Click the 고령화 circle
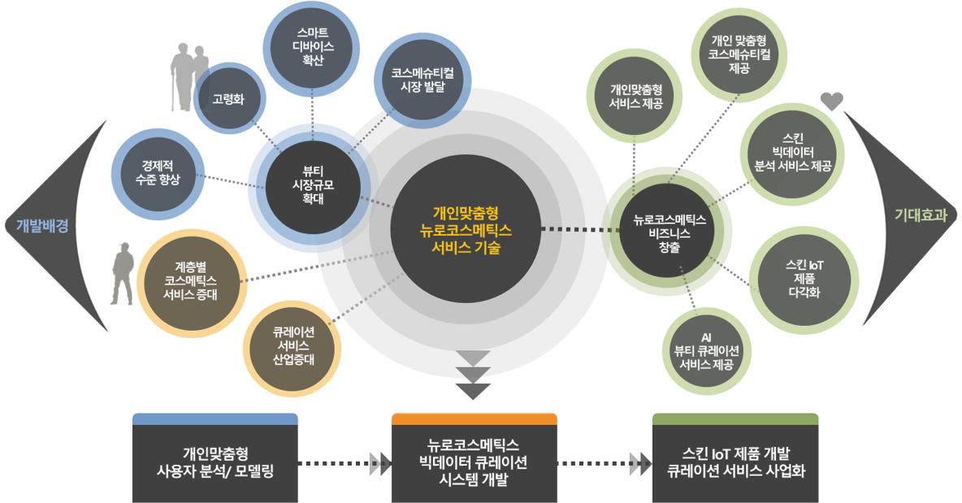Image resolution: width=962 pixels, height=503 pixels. pos(228,99)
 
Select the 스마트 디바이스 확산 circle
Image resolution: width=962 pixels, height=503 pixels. pos(313,46)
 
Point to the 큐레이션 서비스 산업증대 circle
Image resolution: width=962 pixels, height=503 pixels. pos(293,347)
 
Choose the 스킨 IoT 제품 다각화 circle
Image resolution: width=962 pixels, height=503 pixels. pos(803,278)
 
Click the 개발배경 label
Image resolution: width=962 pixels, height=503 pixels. pos(41,226)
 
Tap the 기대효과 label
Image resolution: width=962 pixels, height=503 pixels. pos(921,215)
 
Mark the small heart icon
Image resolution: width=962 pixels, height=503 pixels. pos(832,102)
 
